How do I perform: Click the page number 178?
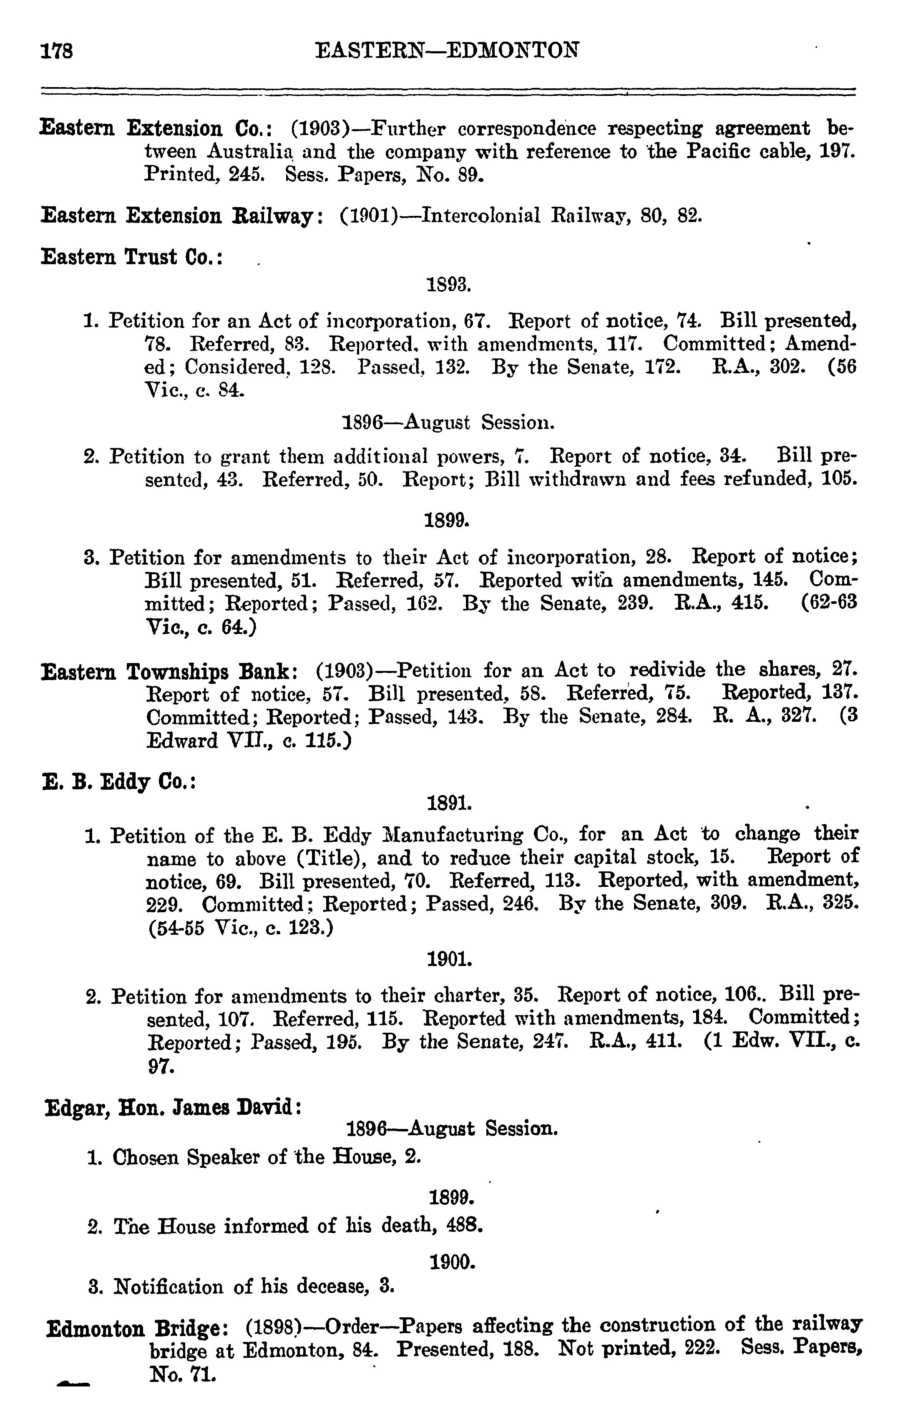coord(57,51)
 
